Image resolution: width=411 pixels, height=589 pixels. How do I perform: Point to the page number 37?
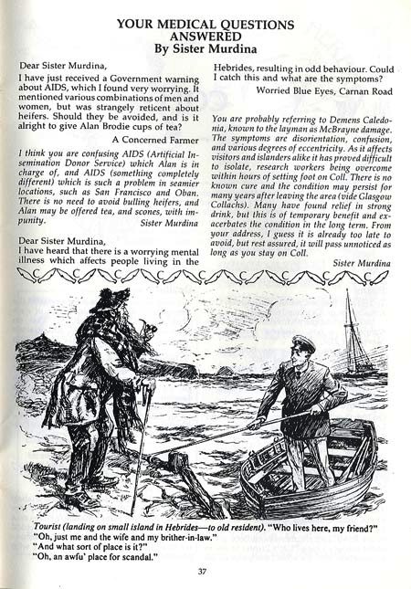(205, 573)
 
